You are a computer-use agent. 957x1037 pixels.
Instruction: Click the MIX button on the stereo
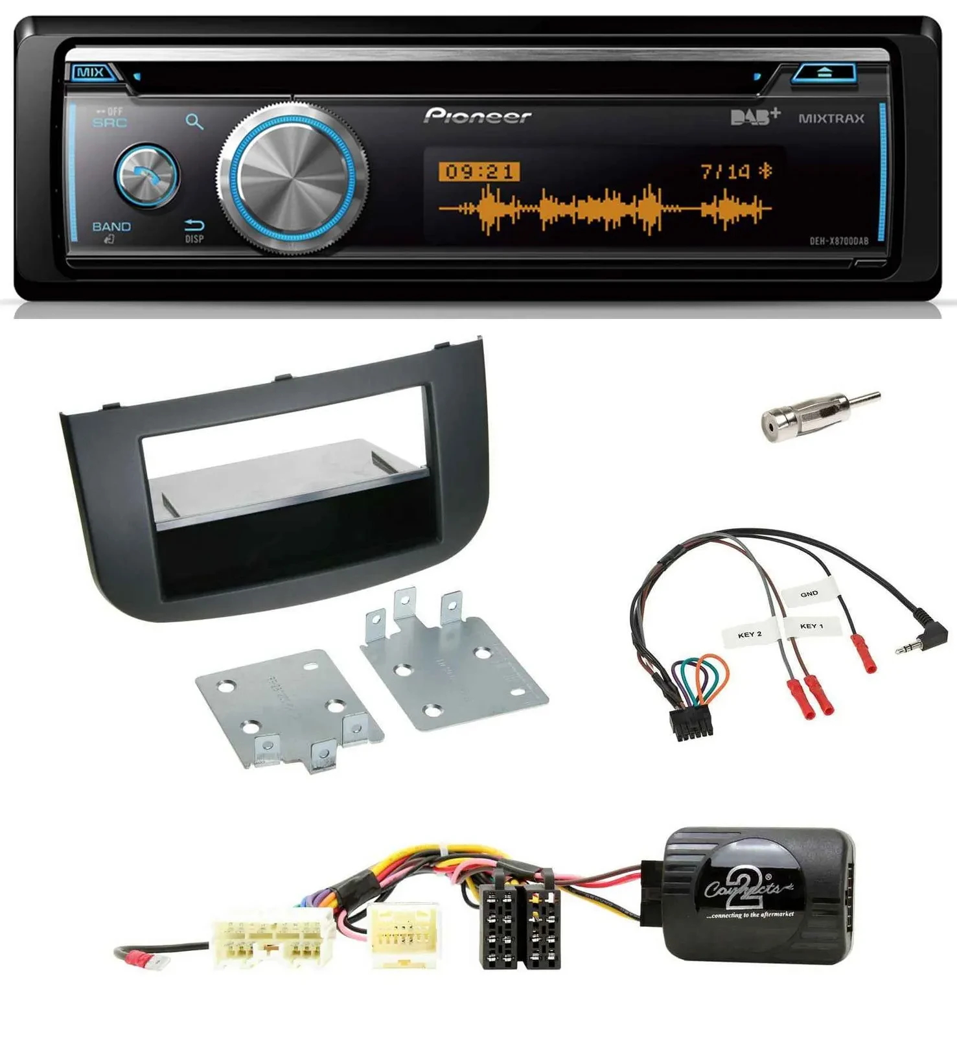point(90,72)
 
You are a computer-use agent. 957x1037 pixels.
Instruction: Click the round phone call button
point(147,176)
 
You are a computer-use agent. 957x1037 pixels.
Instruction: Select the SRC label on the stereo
point(110,122)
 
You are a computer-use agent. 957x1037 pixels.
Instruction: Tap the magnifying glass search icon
point(194,122)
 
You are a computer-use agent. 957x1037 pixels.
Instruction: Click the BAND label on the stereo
point(111,227)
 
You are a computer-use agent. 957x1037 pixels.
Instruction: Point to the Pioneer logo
point(478,116)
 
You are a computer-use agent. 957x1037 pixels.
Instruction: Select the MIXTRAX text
point(831,119)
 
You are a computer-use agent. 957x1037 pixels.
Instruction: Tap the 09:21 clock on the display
point(479,172)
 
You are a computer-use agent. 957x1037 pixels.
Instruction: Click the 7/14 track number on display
point(726,171)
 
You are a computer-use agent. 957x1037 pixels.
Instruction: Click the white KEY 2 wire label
point(750,635)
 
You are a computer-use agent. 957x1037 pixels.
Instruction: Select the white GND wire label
point(809,594)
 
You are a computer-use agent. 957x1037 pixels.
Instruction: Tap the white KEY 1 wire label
point(811,626)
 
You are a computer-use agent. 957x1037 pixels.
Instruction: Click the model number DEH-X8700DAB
point(838,241)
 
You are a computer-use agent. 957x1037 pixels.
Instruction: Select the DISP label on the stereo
point(194,239)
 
